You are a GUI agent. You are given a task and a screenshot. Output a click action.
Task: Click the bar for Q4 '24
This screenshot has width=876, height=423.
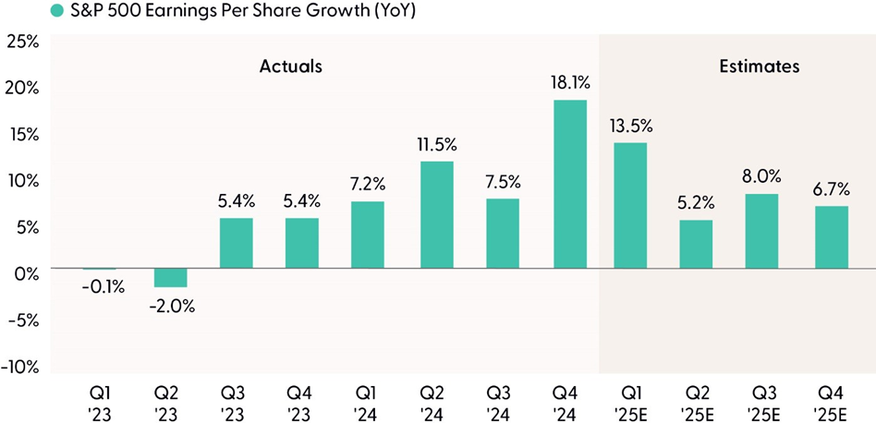click(569, 184)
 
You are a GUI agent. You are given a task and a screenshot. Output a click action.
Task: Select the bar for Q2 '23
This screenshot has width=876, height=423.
click(169, 277)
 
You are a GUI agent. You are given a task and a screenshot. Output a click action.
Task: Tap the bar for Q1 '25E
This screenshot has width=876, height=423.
click(630, 205)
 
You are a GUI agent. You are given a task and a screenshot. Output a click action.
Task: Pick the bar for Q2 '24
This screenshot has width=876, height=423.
click(436, 214)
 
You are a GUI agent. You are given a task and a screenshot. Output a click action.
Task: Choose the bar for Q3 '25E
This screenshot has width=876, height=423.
click(762, 231)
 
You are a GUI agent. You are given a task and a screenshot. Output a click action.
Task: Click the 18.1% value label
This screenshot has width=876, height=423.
click(569, 84)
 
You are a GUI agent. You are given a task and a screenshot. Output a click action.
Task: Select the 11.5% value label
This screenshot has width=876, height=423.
click(436, 145)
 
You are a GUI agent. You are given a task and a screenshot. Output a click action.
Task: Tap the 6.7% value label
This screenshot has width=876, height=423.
click(831, 189)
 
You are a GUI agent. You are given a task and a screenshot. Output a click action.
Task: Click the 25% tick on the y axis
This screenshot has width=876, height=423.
click(22, 42)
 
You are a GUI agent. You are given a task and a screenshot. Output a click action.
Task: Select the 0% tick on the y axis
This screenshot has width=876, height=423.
click(26, 273)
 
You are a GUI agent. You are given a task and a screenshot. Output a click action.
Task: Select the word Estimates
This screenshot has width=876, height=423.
click(759, 66)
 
